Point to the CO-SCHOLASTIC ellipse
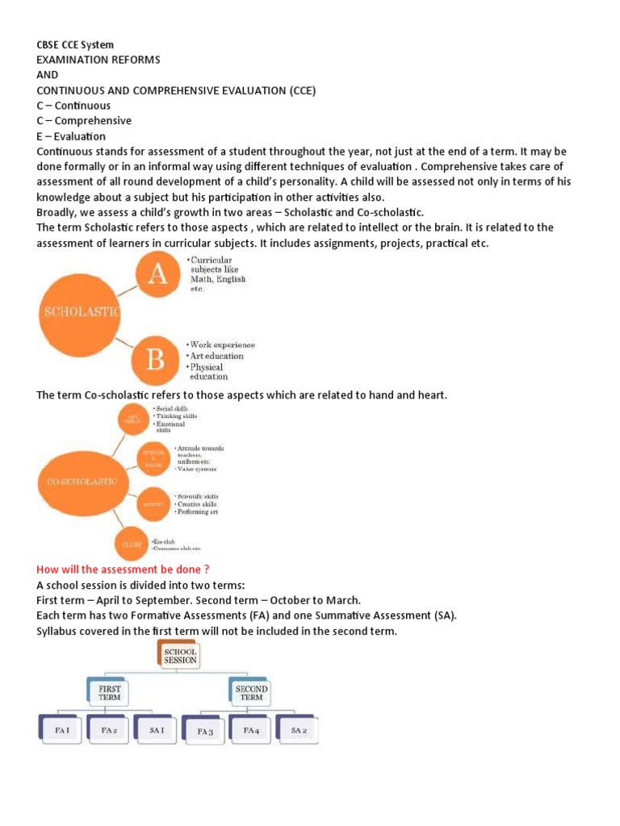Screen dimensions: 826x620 (x=77, y=481)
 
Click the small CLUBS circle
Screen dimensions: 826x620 (x=132, y=544)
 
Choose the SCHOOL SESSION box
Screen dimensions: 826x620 (x=179, y=655)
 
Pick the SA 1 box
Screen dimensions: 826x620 (x=157, y=731)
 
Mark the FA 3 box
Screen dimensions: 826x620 (x=205, y=732)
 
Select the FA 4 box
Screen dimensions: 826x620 (x=251, y=731)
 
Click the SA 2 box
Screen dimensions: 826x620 (x=298, y=731)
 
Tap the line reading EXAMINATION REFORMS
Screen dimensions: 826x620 (x=98, y=60)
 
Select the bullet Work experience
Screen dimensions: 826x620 (x=222, y=345)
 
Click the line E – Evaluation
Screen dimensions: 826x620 (x=71, y=136)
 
